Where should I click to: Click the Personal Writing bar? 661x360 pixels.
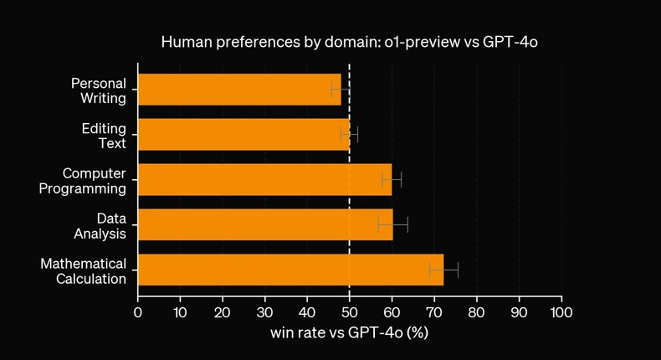239,90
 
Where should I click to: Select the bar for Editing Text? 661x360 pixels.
243,135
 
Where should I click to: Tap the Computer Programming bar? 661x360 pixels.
264,179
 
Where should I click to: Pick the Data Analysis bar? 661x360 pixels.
265,224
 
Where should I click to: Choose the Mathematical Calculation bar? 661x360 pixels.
290,270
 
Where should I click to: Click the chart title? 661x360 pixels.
349,42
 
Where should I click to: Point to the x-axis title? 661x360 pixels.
349,333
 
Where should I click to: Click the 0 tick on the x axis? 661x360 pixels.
138,312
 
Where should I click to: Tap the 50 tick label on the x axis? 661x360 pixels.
349,312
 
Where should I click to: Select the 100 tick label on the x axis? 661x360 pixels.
561,312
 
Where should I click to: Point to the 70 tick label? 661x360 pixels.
433,312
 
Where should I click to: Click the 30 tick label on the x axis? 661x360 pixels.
264,312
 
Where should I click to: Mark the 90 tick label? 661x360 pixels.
519,312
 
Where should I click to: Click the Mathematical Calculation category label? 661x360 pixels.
84,270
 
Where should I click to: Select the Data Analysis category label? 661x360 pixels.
99,225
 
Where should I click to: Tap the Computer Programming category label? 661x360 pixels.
83,180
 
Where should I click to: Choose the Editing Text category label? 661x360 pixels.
104,135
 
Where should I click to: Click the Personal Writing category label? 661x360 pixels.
98,90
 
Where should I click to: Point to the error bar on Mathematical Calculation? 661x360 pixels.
444,270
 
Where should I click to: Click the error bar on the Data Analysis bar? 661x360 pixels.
393,224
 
